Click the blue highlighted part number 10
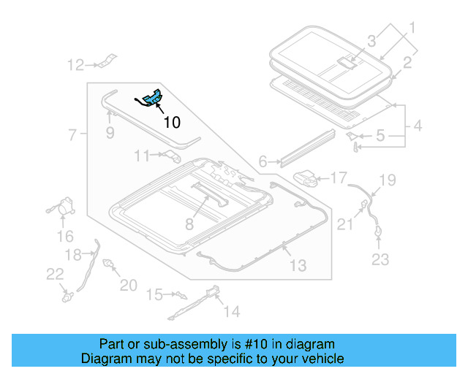click(x=153, y=98)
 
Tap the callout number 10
click(x=171, y=122)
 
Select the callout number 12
click(x=76, y=66)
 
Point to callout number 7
click(x=72, y=135)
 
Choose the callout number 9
click(x=110, y=133)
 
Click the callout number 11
click(x=142, y=155)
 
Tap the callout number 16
click(x=65, y=236)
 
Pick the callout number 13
click(x=298, y=265)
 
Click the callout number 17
click(x=339, y=178)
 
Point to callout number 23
click(x=381, y=259)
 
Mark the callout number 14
click(x=231, y=312)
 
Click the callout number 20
click(x=128, y=285)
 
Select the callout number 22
click(x=55, y=274)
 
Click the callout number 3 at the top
click(x=371, y=41)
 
